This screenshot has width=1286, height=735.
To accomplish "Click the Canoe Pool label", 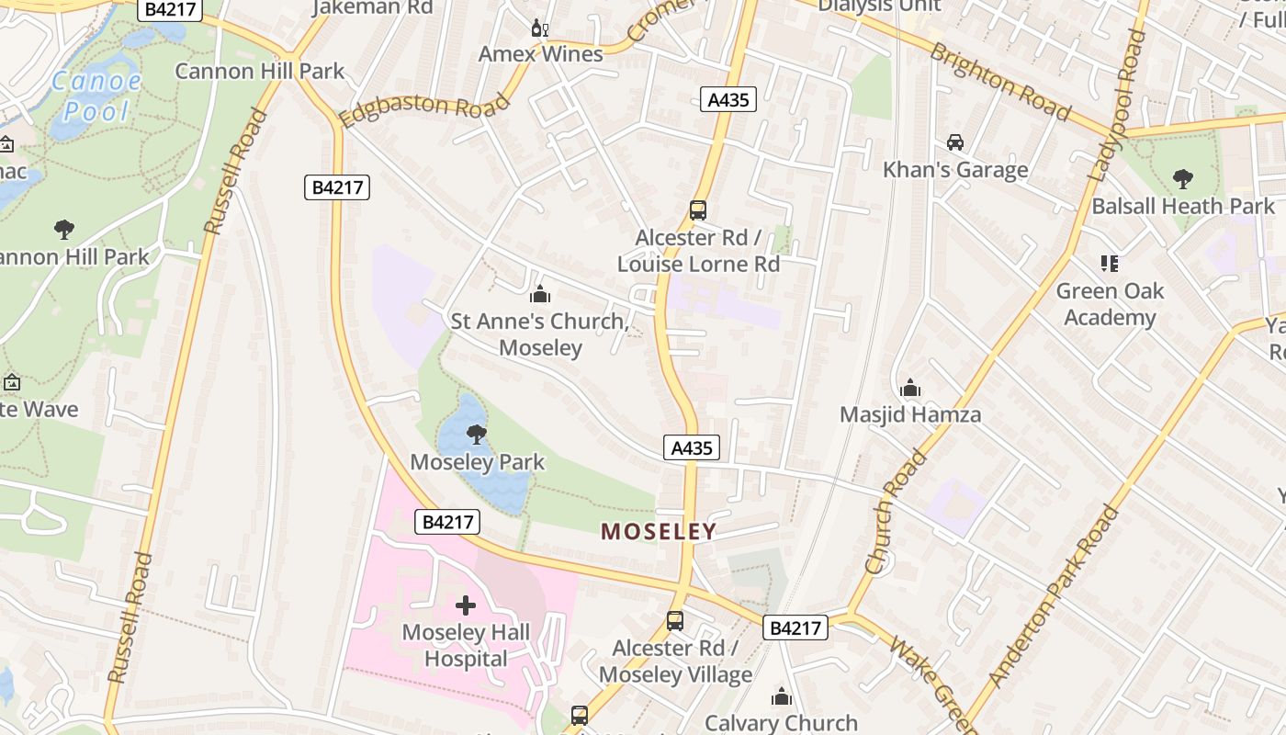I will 96,96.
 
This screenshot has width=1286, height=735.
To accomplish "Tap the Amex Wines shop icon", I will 540,28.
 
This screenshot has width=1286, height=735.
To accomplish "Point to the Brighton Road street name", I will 1000,82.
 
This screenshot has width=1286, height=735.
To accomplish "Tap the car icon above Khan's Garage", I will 955,142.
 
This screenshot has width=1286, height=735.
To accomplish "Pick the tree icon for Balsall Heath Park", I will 1183,179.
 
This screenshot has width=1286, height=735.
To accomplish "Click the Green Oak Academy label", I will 1110,304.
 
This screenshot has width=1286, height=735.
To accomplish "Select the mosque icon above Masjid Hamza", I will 910,388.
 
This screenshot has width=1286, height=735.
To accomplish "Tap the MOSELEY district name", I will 659,531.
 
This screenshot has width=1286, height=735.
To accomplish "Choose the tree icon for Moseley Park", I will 477,435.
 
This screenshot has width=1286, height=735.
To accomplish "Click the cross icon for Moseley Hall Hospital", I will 466,605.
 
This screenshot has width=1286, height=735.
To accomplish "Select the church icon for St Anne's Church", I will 539,294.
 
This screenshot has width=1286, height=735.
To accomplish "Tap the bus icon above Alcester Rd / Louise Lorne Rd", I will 698,210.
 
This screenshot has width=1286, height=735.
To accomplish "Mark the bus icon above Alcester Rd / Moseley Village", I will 675,621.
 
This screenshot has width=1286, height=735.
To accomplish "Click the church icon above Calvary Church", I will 782,696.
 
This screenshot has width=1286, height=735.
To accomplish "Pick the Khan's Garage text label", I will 955,170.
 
